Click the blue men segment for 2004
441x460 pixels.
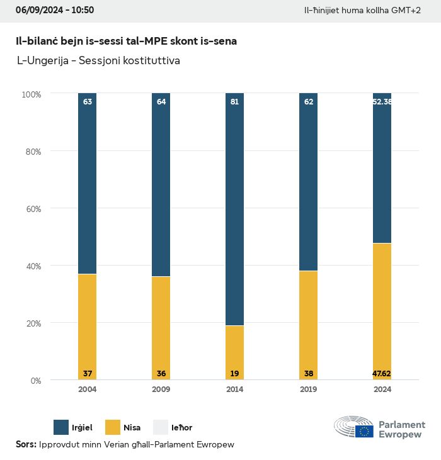click(88, 183)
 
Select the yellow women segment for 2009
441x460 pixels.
click(161, 328)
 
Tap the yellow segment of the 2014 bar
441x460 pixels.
click(235, 352)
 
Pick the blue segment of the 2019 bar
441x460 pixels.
click(309, 182)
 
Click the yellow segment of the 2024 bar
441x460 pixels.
click(382, 311)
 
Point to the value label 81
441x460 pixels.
click(235, 101)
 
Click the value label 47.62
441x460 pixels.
click(382, 374)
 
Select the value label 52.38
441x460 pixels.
click(382, 101)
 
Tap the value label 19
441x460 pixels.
click(235, 374)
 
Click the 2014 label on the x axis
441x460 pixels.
click(235, 390)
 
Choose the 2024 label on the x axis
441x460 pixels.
click(382, 390)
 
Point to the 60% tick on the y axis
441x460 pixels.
click(31, 208)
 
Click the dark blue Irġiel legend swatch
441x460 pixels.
click(62, 427)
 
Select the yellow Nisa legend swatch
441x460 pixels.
click(113, 427)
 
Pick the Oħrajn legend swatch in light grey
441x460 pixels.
click(161, 427)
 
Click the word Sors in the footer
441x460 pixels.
click(25, 444)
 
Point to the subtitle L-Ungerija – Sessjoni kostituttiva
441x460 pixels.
click(100, 61)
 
